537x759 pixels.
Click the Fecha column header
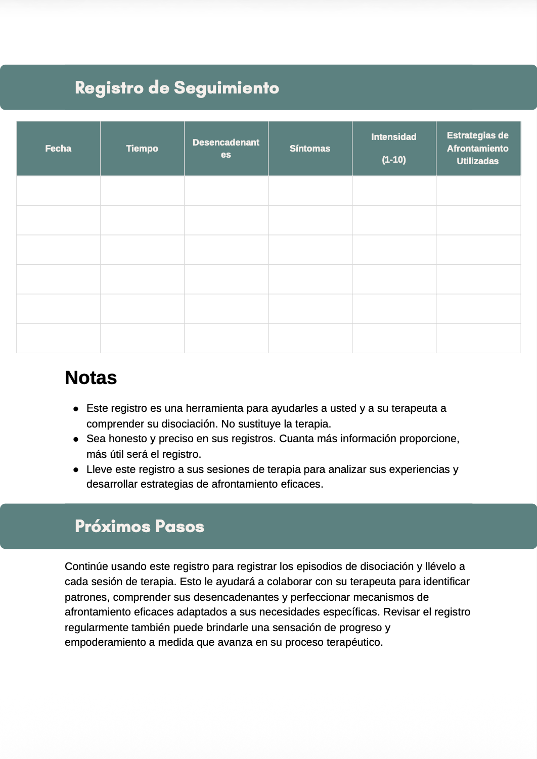point(58,149)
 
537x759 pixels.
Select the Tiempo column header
point(142,149)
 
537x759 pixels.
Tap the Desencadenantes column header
point(226,149)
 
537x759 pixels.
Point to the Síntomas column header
point(310,149)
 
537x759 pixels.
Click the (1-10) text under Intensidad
point(394,160)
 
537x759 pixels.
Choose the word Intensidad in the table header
point(394,137)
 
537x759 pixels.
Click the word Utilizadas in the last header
point(478,161)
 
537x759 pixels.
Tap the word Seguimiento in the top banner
point(227,88)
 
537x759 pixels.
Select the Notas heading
point(91,378)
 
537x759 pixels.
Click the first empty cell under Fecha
point(58,191)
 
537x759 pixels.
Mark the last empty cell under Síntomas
point(310,338)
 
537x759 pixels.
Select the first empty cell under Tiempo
point(142,191)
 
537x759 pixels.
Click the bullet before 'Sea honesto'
point(76,439)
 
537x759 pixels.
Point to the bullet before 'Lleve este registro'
point(76,469)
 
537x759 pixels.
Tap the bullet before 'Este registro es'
point(76,408)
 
